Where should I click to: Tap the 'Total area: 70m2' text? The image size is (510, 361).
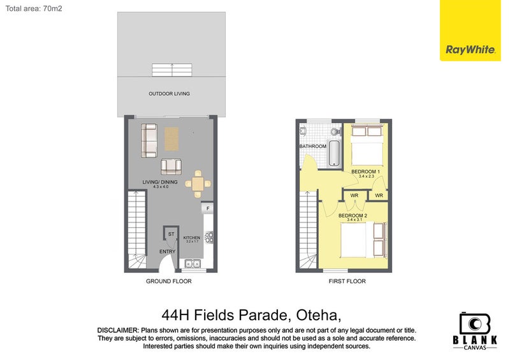(x=34, y=9)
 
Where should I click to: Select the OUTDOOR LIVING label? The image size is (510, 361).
(x=169, y=94)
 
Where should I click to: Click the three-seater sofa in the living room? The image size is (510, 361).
(x=149, y=141)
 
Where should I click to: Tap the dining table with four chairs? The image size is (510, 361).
(x=198, y=184)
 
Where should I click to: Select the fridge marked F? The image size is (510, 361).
(x=208, y=209)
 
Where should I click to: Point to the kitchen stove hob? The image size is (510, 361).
(x=208, y=238)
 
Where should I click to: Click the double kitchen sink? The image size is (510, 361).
(x=190, y=263)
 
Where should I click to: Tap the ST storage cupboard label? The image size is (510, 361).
(x=171, y=235)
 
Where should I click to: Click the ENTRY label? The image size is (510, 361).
(x=167, y=251)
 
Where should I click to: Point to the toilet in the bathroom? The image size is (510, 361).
(x=304, y=131)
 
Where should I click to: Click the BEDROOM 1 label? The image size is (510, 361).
(x=365, y=172)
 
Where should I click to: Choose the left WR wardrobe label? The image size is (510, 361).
(x=354, y=195)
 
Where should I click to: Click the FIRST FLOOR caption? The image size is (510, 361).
(x=347, y=281)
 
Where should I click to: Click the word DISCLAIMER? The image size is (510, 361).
(x=117, y=330)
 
